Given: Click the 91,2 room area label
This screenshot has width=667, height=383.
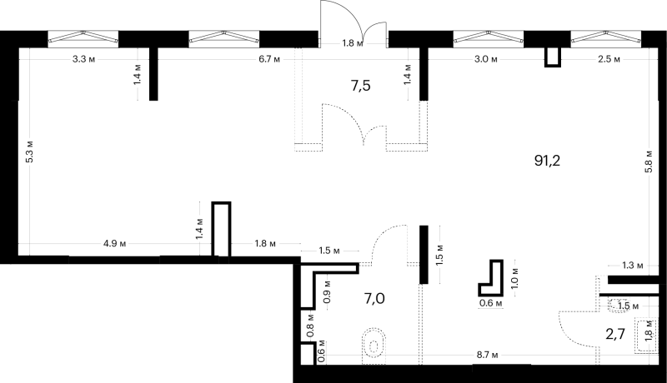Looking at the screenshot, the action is tap(547, 161).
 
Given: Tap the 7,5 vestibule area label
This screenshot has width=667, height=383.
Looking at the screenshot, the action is tap(361, 86).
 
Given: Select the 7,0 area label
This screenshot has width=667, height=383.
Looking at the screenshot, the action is tap(374, 299).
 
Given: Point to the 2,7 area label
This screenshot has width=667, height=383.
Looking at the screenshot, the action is tap(615, 334).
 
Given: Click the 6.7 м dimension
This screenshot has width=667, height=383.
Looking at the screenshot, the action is tap(269, 59).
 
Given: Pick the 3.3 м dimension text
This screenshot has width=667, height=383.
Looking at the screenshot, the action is tap(83, 59).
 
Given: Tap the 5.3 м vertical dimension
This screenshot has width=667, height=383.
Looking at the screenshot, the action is tap(30, 152).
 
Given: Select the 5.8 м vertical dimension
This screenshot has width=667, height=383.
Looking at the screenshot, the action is tap(649, 162).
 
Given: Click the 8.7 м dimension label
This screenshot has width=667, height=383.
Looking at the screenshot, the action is tap(487, 355).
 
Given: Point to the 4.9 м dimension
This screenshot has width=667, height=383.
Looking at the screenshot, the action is tap(115, 244).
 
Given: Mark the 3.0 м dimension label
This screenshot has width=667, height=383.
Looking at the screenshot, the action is tap(486, 59).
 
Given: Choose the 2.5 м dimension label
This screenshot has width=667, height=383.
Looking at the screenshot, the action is tap(609, 59).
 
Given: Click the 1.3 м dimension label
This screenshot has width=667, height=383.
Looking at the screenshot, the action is tap(633, 266).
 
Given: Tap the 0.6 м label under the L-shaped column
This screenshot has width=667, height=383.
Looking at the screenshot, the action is tap(491, 303).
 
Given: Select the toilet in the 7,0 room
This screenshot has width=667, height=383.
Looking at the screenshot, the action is tap(374, 345).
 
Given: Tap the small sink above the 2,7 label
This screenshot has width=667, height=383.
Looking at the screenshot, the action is tap(619, 306).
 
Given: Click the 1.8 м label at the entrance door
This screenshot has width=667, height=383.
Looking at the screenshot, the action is tap(353, 43).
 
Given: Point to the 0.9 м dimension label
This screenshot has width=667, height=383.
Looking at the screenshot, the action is tap(328, 291).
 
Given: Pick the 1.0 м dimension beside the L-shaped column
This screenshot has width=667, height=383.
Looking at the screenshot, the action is tap(515, 278).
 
